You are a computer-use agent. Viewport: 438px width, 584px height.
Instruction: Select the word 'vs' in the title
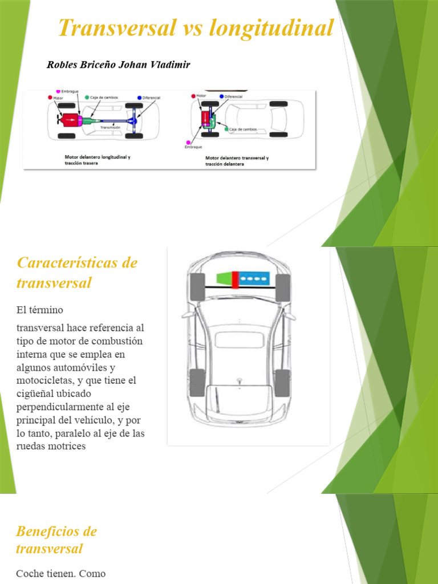tap(194, 28)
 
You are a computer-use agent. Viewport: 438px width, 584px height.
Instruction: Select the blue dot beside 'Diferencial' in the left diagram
tap(139, 98)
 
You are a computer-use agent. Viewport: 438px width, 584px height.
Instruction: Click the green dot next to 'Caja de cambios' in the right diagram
tap(226, 129)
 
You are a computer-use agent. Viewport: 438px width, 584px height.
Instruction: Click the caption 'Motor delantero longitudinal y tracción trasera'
tap(97, 160)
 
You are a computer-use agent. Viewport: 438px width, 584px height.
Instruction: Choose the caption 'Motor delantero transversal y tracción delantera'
tap(237, 160)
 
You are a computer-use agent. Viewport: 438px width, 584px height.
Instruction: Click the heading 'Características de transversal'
tap(77, 273)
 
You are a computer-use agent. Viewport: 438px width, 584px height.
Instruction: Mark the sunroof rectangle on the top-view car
tap(239, 340)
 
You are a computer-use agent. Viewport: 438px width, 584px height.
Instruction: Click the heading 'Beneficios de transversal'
tap(56, 540)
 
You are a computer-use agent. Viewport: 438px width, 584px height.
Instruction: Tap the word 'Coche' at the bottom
tap(30, 573)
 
